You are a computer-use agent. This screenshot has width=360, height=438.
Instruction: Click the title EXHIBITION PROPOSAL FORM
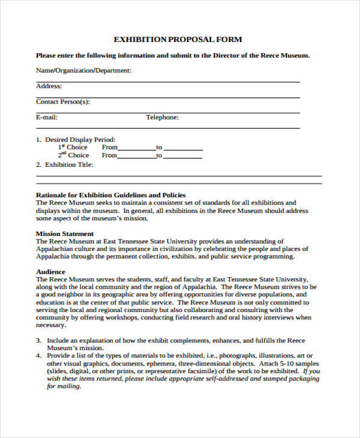click(x=178, y=40)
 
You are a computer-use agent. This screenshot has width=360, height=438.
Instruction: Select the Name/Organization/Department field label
click(x=83, y=71)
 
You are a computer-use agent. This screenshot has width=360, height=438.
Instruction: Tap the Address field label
click(x=49, y=86)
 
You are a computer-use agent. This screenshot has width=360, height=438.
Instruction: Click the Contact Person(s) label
click(x=62, y=102)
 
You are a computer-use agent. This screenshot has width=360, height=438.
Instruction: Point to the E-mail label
click(x=47, y=118)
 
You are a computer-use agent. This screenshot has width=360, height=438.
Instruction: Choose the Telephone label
click(x=162, y=118)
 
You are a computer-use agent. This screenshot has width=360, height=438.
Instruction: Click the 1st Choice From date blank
click(x=137, y=148)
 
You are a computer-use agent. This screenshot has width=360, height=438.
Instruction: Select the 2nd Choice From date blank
click(x=137, y=157)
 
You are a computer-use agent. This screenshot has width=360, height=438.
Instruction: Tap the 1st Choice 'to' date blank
click(x=183, y=148)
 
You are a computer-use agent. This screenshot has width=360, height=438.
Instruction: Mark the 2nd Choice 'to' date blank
click(x=183, y=157)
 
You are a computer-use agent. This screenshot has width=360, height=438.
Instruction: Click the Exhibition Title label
click(x=69, y=164)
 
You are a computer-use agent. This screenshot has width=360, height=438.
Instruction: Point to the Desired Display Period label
click(x=80, y=139)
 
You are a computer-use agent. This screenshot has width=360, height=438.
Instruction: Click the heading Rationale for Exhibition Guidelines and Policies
click(x=110, y=195)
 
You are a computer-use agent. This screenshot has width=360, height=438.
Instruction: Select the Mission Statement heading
click(x=65, y=233)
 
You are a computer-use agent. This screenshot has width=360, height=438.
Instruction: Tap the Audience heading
click(x=50, y=272)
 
